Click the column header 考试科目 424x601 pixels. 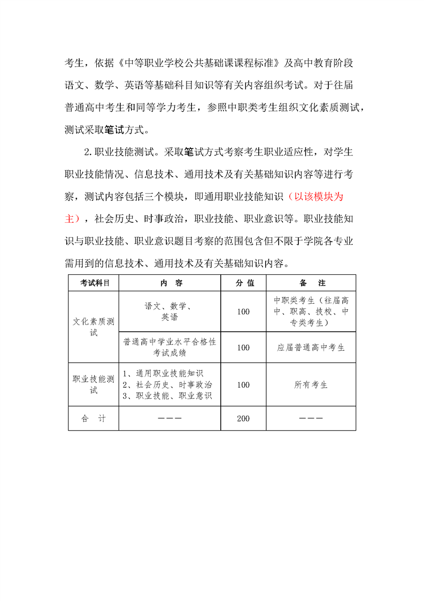click(x=94, y=283)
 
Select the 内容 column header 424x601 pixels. click(x=170, y=283)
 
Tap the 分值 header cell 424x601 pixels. click(x=243, y=283)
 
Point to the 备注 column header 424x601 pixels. click(x=311, y=283)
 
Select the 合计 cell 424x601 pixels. click(x=94, y=418)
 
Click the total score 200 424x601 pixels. click(x=243, y=418)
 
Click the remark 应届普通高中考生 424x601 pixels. click(x=311, y=347)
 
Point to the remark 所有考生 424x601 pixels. click(x=311, y=385)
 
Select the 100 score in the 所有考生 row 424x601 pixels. click(x=243, y=385)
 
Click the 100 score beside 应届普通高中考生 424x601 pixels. click(x=243, y=347)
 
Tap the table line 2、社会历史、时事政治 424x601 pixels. click(x=167, y=385)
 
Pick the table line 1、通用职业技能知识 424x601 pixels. click(x=163, y=373)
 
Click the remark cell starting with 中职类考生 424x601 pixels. click(x=311, y=311)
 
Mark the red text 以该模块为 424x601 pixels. click(x=315, y=197)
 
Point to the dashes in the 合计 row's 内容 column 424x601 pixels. click(x=170, y=418)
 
